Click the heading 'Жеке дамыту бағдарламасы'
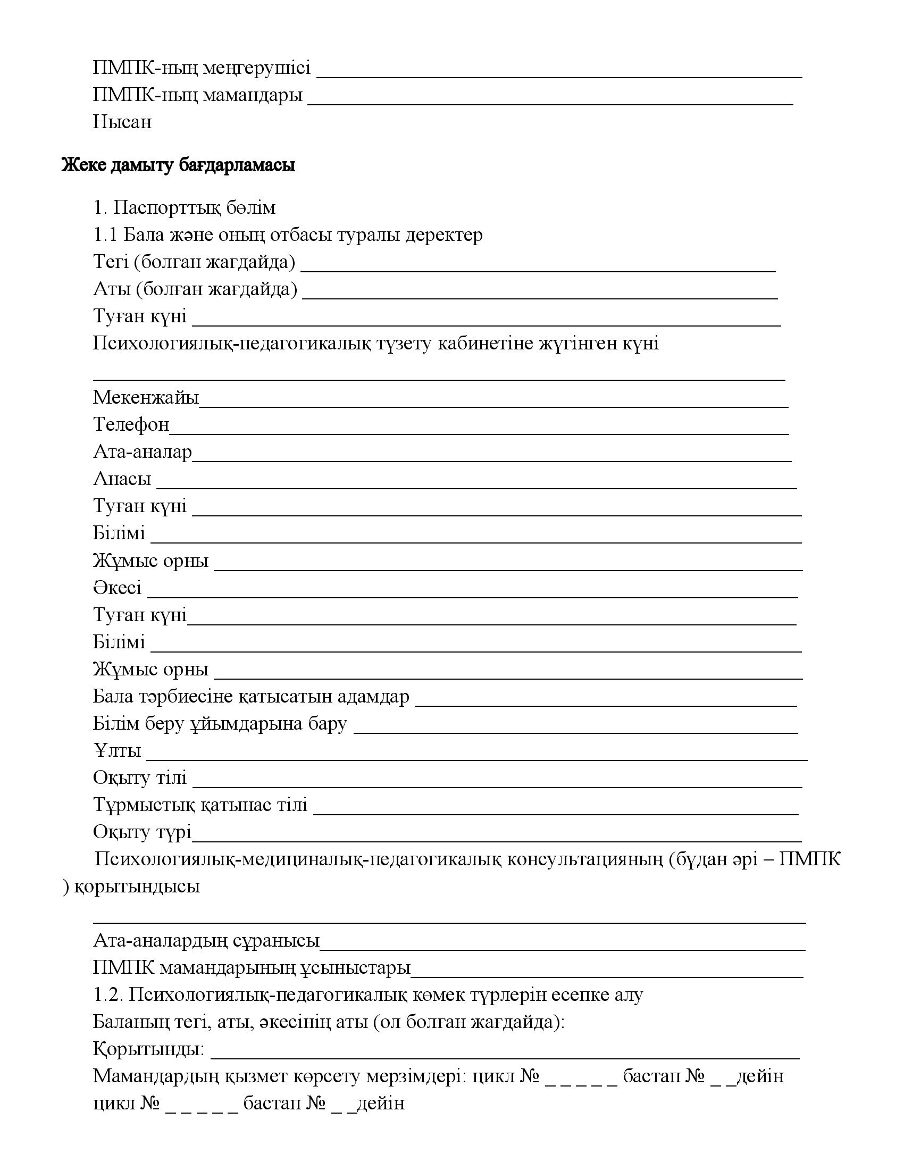[x=178, y=165]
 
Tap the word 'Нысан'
[x=122, y=122]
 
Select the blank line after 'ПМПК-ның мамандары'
[x=550, y=102]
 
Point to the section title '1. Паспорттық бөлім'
[x=184, y=207]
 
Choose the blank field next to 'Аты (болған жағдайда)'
[x=540, y=296]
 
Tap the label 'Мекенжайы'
[x=146, y=397]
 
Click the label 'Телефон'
[x=131, y=424]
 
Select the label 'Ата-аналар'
[x=143, y=452]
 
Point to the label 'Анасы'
[x=122, y=479]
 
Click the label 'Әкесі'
[x=118, y=588]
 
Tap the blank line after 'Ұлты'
[x=476, y=757]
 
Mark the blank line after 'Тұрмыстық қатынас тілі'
[x=555, y=812]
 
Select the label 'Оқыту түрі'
[x=142, y=832]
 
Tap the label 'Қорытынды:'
[x=148, y=1049]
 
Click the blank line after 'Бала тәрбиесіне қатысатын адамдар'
[x=606, y=704]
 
